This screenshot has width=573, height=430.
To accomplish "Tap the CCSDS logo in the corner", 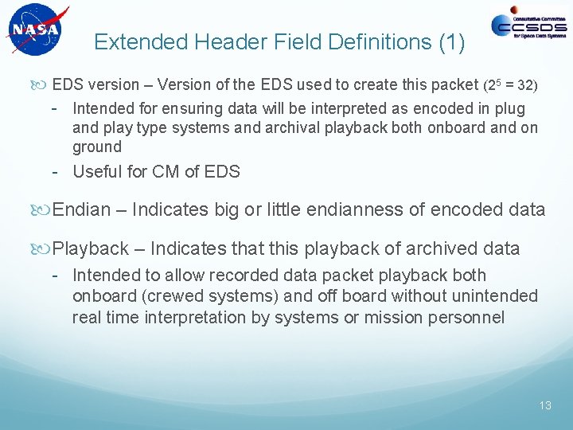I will [528, 26].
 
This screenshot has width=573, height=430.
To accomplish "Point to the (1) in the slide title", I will [450, 42].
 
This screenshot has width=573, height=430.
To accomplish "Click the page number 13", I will [544, 405].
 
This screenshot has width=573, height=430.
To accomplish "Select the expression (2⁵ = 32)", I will [516, 85].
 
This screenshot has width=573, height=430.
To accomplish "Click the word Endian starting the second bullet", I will [81, 209].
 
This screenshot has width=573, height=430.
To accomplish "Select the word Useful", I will [97, 171].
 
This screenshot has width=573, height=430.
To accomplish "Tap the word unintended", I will [495, 296].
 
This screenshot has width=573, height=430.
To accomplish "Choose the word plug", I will [510, 107].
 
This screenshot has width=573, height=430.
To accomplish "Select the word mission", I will [400, 317].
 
